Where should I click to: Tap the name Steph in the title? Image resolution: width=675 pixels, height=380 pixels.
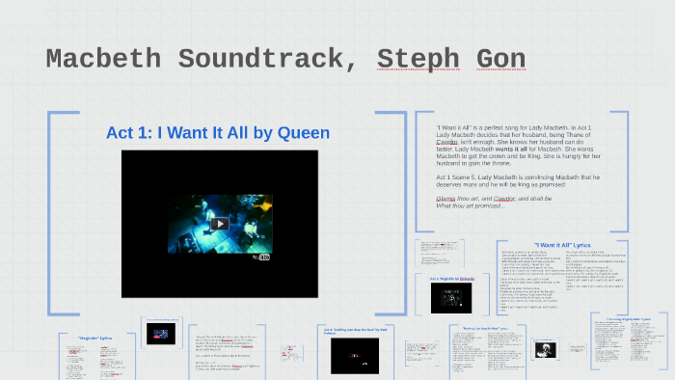coord(418,60)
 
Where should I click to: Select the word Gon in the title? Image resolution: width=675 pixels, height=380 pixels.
coord(501,60)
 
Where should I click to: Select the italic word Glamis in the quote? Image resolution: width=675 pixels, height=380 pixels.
coord(450,198)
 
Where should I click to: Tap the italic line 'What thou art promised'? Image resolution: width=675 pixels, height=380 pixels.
coord(471,205)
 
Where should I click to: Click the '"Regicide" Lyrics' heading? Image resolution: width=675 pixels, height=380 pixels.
coord(94,338)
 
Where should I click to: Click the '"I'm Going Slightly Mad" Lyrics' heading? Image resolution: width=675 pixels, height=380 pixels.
coord(628,318)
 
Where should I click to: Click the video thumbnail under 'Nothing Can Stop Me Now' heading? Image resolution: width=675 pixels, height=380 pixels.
coord(348,355)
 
